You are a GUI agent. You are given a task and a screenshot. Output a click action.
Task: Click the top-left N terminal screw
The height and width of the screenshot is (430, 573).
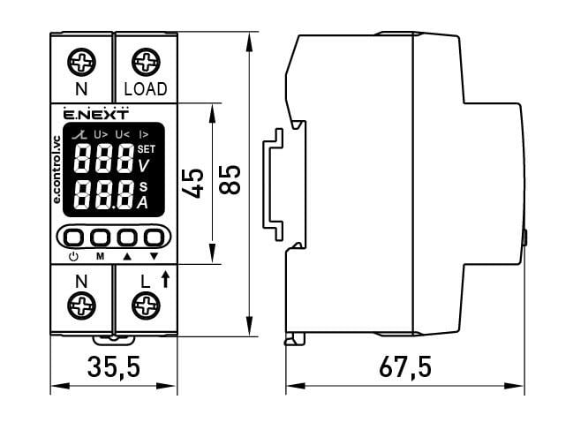coord(81,63)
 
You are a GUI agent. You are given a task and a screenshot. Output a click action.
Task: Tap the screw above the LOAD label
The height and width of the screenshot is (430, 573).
coord(145,63)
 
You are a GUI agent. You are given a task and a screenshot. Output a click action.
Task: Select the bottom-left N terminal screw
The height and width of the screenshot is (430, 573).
coord(81,307)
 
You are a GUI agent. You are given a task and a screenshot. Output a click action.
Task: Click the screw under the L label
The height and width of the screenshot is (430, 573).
coord(145,307)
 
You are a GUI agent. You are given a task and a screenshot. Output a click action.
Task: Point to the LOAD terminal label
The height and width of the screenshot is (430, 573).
coord(145,90)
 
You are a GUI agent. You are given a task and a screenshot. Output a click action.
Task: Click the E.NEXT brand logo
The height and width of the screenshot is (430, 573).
coord(96,114)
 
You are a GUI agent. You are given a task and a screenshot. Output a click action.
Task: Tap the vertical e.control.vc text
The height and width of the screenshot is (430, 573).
coord(57,171)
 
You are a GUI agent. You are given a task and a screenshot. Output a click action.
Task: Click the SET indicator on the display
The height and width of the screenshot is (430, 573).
coord(146,147)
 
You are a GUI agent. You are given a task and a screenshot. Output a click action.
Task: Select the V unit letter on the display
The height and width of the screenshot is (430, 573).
coord(144,164)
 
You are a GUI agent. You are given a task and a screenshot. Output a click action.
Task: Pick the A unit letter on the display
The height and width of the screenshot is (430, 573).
coord(143,202)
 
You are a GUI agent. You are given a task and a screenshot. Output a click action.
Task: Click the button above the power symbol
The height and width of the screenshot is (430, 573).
coord(74,238)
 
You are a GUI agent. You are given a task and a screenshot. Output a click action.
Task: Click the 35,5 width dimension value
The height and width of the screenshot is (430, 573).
coord(114,366)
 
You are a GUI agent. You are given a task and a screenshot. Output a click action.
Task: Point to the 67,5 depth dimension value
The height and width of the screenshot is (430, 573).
coord(404,366)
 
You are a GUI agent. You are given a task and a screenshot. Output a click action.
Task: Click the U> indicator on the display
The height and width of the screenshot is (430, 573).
coord(101,134)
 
